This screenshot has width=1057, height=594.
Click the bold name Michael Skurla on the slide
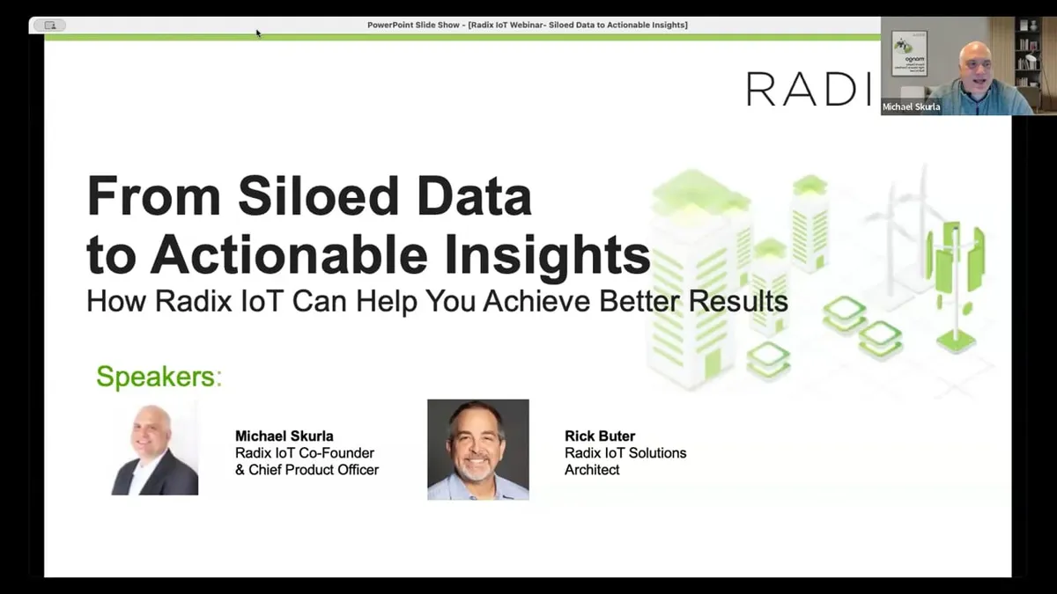pyautogui.click(x=284, y=436)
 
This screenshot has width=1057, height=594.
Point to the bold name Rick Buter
pyautogui.click(x=599, y=436)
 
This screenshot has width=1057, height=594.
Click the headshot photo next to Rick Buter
pyautogui.click(x=477, y=450)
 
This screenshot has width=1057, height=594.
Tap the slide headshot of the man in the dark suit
pyautogui.click(x=155, y=450)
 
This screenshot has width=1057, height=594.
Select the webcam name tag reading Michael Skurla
pyautogui.click(x=912, y=107)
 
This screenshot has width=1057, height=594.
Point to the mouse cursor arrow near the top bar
pyautogui.click(x=258, y=33)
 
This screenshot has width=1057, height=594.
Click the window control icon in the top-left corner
pyautogui.click(x=49, y=26)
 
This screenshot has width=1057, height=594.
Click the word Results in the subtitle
pyautogui.click(x=737, y=302)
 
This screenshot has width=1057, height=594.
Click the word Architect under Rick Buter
pyautogui.click(x=592, y=470)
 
